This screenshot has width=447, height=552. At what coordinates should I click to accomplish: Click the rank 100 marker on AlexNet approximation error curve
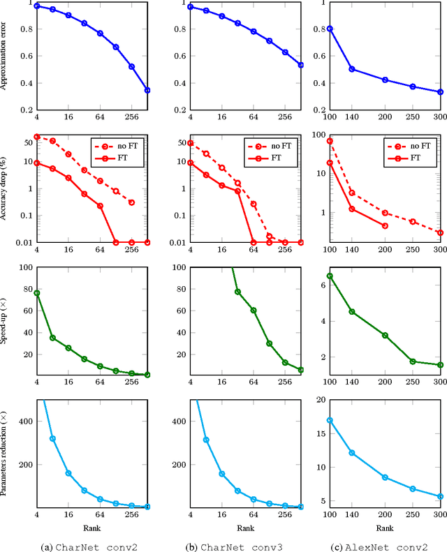pyautogui.click(x=330, y=29)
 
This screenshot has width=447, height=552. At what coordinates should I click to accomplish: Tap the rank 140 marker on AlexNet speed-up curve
pyautogui.click(x=352, y=311)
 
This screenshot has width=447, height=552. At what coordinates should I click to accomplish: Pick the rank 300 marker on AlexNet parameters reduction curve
pyautogui.click(x=440, y=497)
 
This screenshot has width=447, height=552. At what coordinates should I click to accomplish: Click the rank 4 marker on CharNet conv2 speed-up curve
pyautogui.click(x=37, y=293)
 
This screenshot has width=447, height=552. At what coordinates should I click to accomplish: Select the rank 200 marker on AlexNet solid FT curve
pyautogui.click(x=385, y=225)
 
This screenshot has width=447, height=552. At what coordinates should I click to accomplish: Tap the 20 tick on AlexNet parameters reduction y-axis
pyautogui.click(x=318, y=400)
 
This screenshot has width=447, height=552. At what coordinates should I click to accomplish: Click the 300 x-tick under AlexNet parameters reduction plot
pyautogui.click(x=439, y=515)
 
